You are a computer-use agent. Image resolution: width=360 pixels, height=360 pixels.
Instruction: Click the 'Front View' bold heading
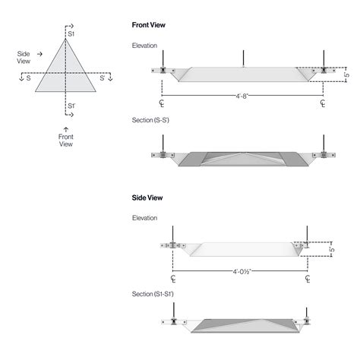tap(149, 25)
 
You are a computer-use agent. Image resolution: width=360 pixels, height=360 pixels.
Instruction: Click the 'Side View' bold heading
tap(147, 197)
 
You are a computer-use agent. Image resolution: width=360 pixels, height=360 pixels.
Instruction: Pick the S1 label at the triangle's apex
tap(71, 35)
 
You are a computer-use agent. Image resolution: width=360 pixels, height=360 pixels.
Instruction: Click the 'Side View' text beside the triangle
tap(24, 58)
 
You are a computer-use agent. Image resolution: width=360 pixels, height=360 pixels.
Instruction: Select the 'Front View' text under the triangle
tap(66, 141)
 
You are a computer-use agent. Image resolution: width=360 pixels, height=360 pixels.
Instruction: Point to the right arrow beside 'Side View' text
tap(39, 55)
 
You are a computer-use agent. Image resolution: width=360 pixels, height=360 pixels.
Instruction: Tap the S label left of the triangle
tap(28, 78)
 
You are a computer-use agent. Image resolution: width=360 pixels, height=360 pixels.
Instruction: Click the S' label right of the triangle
tap(103, 78)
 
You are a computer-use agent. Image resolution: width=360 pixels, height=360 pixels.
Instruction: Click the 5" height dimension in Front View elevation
tap(346, 76)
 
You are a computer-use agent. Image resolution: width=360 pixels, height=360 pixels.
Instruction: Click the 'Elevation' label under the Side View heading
tap(144, 218)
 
